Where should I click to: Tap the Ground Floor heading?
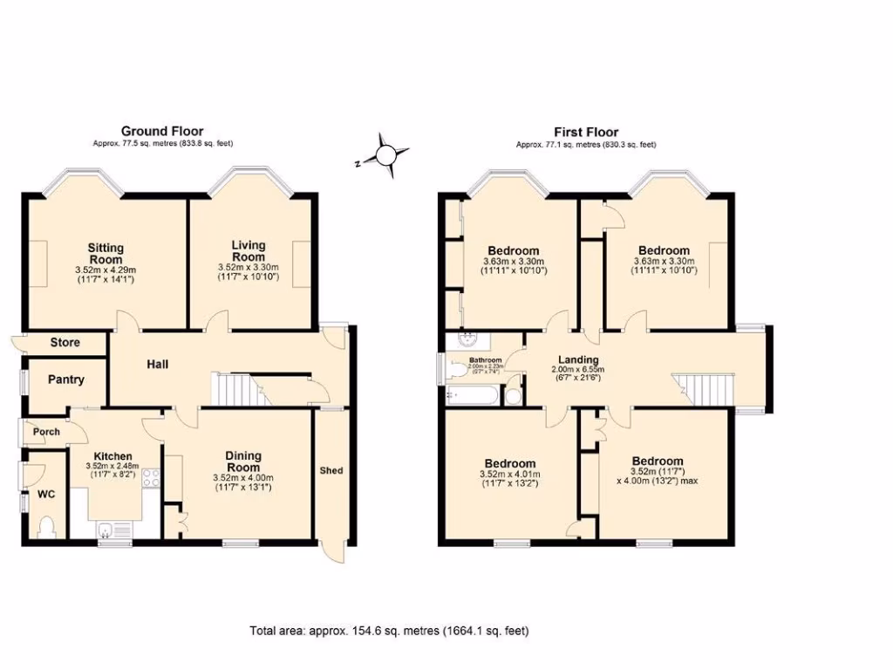pos(162,132)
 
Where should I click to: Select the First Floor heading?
pos(586,132)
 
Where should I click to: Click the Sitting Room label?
pos(106,253)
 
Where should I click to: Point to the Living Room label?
pos(249,251)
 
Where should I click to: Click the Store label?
pos(65,343)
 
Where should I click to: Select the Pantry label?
pos(66,379)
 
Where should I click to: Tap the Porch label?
pos(46,432)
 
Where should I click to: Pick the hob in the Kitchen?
pos(150,477)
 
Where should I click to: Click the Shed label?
pos(331,470)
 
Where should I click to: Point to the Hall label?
pos(157,364)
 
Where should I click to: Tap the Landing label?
pos(578,360)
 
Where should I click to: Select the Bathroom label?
pos(485,359)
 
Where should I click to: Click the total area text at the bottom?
pos(389,630)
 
